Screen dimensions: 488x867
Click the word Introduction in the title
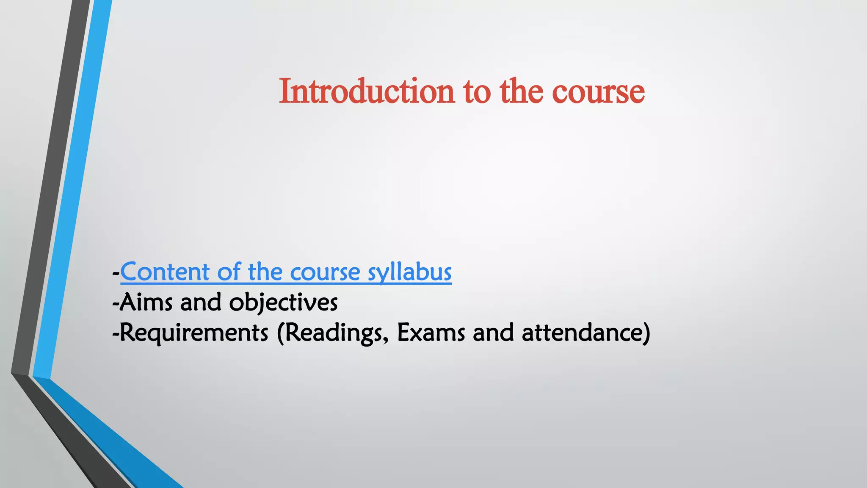point(367,91)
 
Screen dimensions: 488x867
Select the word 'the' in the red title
point(521,91)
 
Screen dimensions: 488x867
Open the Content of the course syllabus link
point(286,272)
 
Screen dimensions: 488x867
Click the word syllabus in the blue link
point(409,272)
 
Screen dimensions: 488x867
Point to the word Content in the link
point(165,272)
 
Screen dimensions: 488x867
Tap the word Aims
point(146,302)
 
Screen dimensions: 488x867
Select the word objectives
point(283,302)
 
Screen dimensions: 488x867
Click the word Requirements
point(194,333)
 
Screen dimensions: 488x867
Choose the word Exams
point(431,333)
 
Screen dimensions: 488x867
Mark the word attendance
point(582,333)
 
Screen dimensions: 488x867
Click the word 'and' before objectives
point(201,302)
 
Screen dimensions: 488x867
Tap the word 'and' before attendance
point(493,333)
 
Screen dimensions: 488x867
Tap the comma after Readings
point(386,340)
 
